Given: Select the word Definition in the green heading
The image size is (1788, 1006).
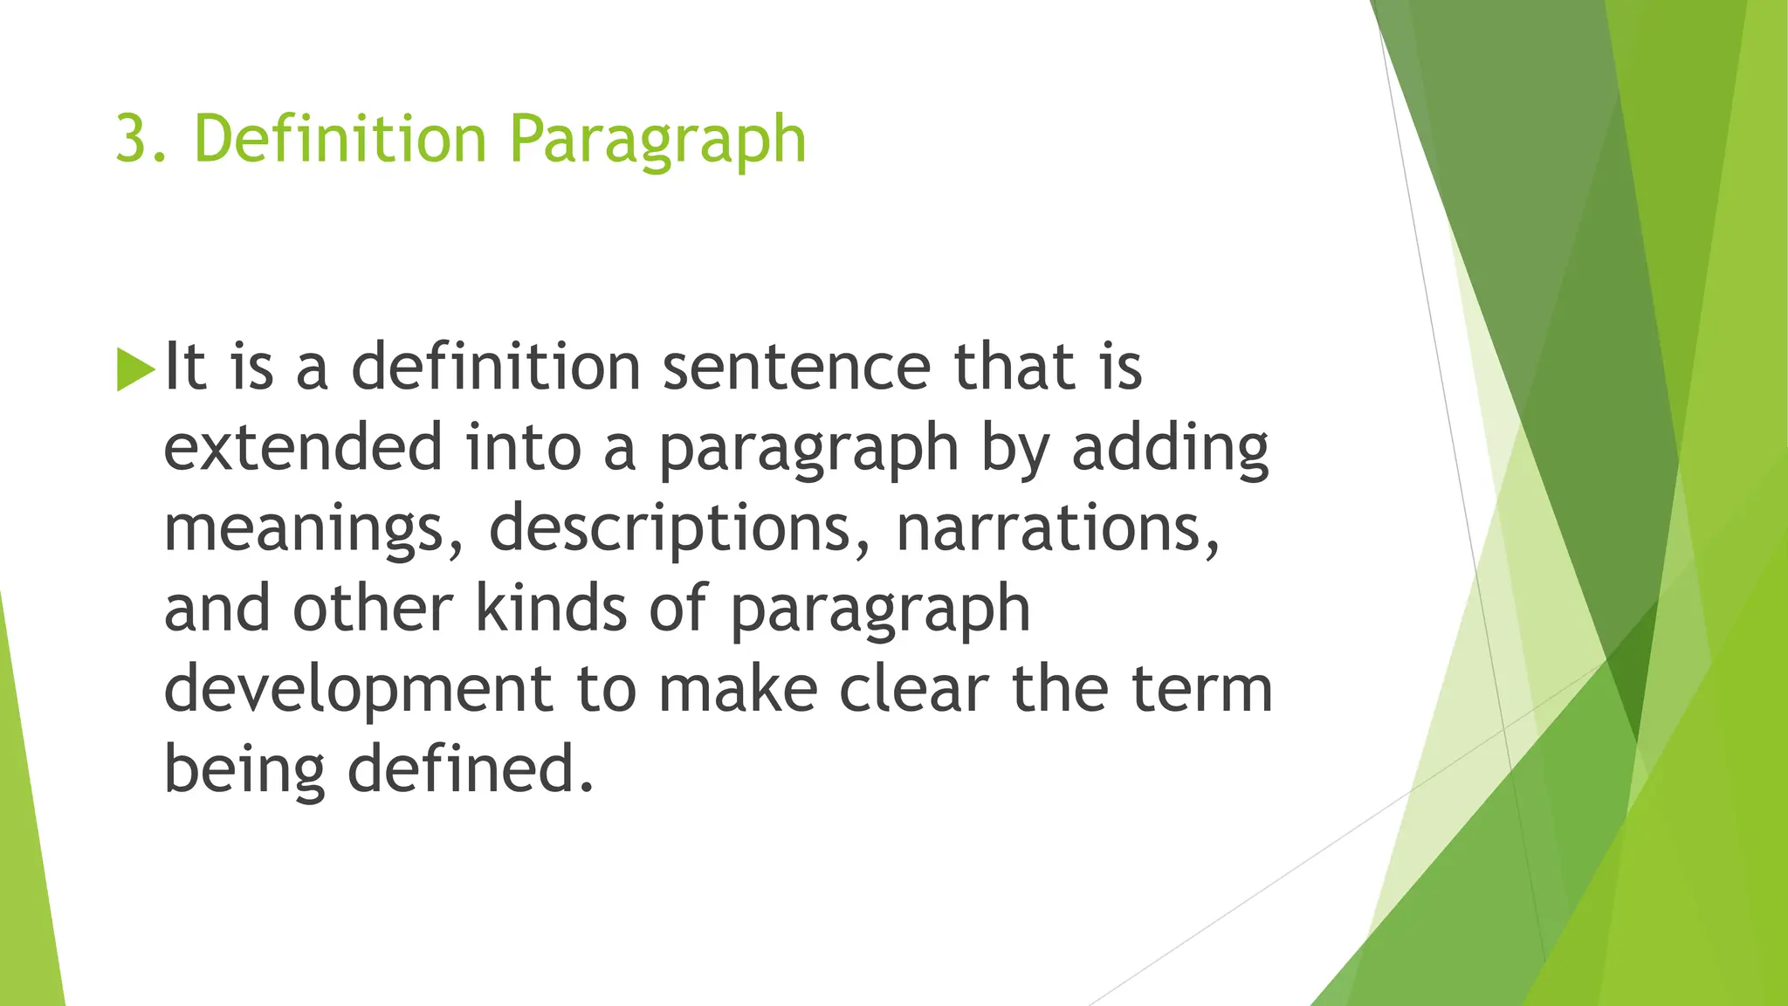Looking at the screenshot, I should (340, 140).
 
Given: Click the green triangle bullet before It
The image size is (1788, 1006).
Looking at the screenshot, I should (134, 369).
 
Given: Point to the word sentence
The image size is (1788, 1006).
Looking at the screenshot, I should (796, 367).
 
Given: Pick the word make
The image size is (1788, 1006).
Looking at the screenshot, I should (739, 690).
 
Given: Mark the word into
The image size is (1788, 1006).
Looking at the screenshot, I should (523, 447).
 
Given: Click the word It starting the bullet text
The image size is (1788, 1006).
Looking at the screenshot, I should (185, 367).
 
